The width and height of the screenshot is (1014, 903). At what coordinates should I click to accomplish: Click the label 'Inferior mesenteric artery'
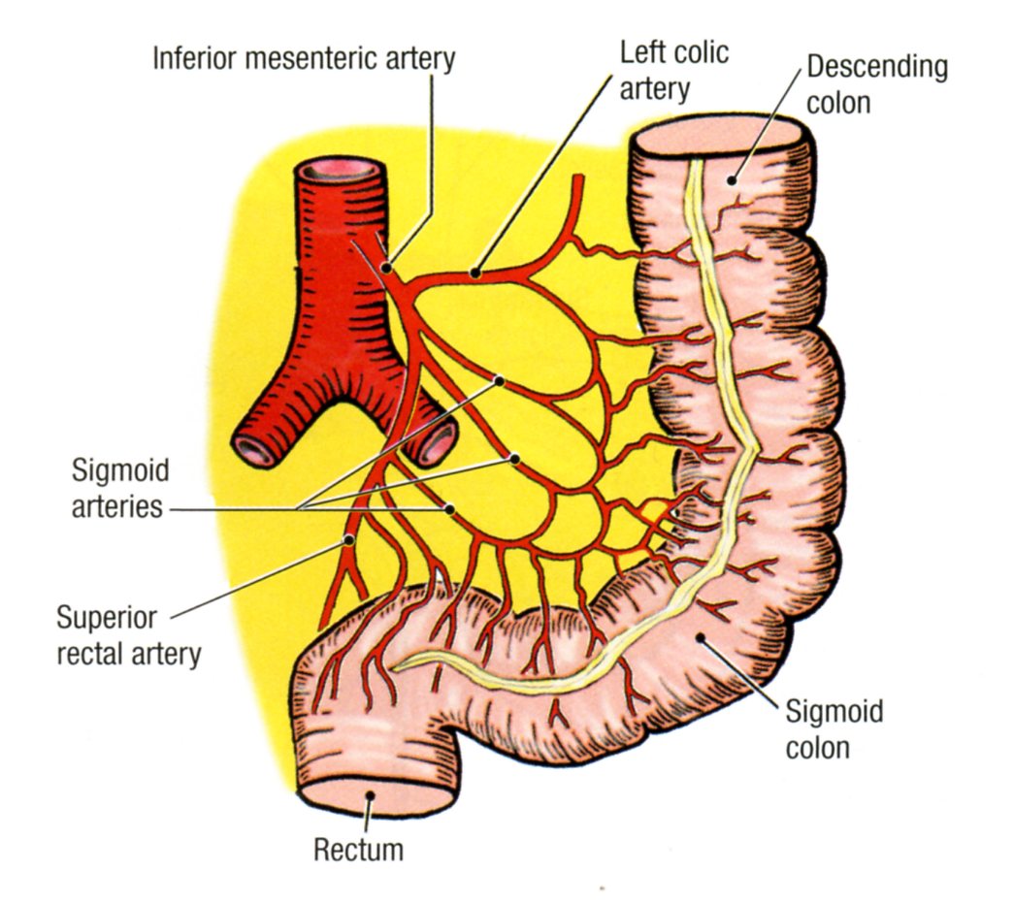[x=304, y=58]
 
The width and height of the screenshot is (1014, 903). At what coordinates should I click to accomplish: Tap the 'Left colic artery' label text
[x=674, y=70]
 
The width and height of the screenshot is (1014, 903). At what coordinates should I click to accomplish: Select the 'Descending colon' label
[x=876, y=83]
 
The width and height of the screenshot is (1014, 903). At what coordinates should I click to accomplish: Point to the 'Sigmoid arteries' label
[x=118, y=489]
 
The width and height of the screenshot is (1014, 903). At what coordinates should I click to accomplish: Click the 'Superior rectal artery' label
[x=127, y=635]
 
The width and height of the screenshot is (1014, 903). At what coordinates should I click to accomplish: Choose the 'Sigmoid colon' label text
[x=834, y=729]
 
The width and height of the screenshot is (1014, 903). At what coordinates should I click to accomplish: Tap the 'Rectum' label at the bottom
[x=358, y=851]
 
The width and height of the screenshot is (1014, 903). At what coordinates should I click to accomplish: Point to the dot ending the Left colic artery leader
[x=475, y=273]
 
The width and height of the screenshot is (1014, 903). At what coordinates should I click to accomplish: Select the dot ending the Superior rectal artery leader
[x=348, y=539]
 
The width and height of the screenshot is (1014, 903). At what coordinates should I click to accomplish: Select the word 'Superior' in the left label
[x=106, y=617]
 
